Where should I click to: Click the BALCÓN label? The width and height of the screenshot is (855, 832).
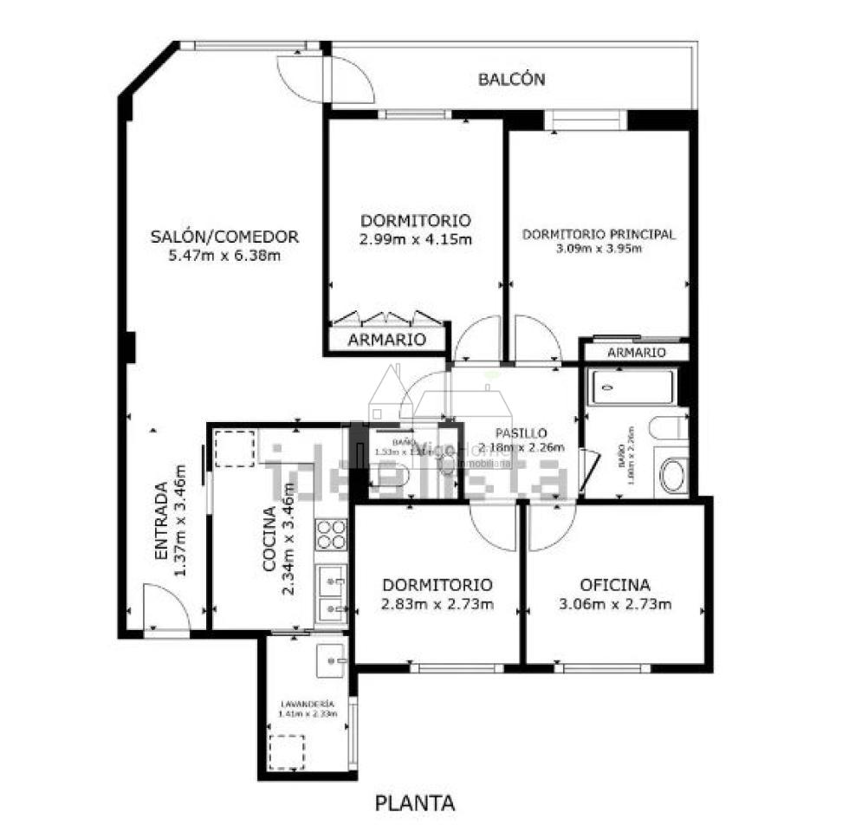click(511, 80)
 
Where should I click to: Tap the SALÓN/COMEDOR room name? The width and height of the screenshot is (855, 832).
click(225, 236)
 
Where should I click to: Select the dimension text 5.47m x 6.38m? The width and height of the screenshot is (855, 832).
click(225, 255)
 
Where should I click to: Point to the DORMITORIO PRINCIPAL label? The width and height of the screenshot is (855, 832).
click(599, 234)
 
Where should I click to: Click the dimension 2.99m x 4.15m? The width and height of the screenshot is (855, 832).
click(416, 239)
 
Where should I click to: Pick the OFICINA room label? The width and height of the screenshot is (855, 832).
click(615, 585)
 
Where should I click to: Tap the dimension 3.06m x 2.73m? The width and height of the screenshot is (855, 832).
click(615, 604)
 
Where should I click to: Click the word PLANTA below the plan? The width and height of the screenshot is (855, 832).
click(415, 803)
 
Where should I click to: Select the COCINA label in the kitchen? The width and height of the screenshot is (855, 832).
click(269, 538)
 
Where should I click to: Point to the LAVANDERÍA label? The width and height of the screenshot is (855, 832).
click(307, 703)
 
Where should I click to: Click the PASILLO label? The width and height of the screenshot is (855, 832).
click(521, 432)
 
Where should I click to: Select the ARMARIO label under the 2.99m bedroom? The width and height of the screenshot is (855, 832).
click(386, 340)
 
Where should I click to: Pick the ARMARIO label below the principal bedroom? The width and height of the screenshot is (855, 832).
click(636, 352)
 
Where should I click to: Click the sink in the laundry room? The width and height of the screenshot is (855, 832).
click(330, 659)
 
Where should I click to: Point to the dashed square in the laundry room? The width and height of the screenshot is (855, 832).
click(287, 751)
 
